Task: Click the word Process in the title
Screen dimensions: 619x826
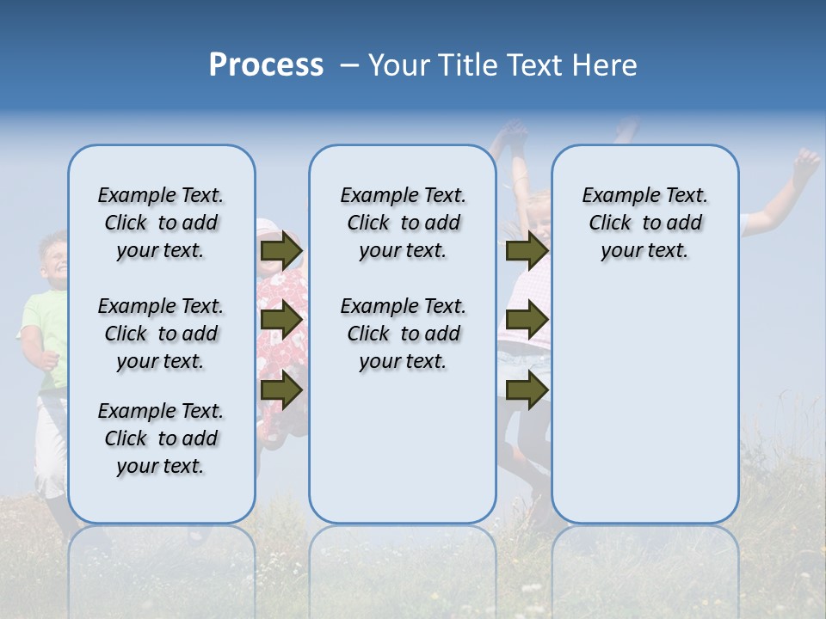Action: coord(266,65)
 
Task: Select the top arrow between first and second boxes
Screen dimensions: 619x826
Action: coord(282,251)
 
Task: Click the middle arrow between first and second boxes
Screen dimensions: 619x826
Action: coord(282,321)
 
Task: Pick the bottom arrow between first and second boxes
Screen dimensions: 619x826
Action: coord(282,390)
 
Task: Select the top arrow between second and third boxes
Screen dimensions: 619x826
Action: coord(527,251)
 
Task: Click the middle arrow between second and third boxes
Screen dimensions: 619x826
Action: coord(527,321)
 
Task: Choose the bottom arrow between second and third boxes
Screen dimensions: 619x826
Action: coord(527,390)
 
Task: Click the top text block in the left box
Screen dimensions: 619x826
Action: coord(161,223)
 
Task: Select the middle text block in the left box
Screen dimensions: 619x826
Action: coord(161,334)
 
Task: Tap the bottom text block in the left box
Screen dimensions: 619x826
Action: coord(161,438)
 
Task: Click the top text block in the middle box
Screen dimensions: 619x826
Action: coord(403,223)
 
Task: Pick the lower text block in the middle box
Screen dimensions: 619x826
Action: coord(403,334)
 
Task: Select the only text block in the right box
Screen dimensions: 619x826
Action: coord(644,223)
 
